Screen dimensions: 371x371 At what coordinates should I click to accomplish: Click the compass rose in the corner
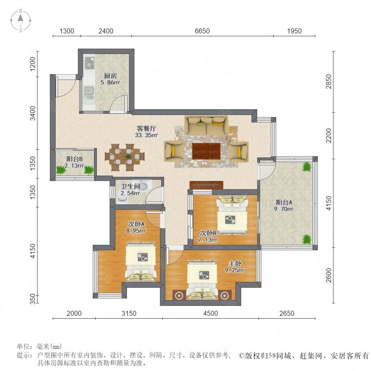click(21, 21)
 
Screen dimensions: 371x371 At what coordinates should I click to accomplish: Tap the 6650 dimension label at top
click(202, 31)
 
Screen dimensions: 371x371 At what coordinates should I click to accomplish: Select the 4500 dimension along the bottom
click(210, 313)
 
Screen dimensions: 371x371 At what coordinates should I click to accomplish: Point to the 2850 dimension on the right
click(329, 81)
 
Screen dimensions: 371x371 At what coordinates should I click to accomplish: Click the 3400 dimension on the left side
click(33, 113)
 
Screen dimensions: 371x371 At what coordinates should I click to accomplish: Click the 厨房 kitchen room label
click(110, 76)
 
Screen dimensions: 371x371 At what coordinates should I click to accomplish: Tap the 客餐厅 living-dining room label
click(146, 129)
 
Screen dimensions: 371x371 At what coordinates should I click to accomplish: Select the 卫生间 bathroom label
click(131, 186)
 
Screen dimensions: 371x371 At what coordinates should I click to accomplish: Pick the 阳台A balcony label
click(284, 202)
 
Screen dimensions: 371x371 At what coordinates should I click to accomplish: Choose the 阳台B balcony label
click(74, 159)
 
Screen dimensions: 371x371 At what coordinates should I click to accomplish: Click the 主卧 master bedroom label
click(235, 263)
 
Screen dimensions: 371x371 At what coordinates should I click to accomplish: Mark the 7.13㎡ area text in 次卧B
click(207, 240)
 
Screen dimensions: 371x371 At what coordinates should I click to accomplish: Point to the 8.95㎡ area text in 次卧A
click(136, 230)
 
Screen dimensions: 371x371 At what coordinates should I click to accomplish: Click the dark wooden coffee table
click(206, 151)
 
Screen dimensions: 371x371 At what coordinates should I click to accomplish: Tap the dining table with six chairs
click(124, 157)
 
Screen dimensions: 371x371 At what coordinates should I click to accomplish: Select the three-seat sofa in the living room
click(206, 125)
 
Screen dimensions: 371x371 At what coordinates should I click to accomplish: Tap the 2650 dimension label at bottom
click(287, 313)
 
